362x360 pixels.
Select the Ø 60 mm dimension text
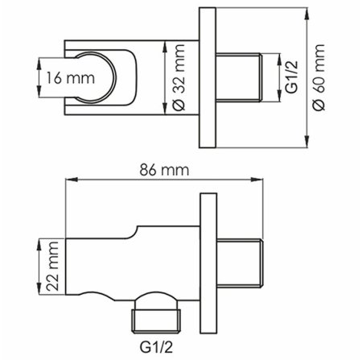tap(319, 79)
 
